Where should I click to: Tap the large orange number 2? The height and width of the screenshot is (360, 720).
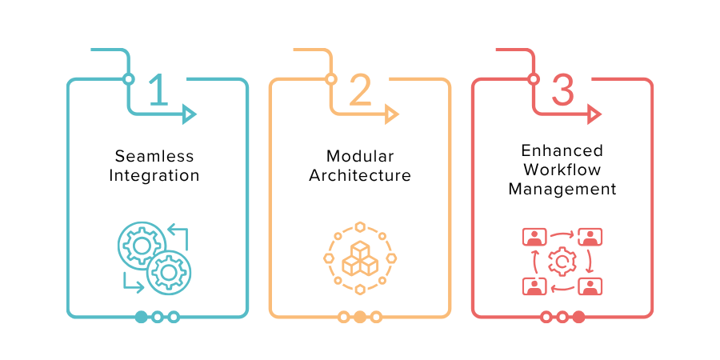(x=361, y=90)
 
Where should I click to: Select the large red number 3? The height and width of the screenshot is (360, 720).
(x=562, y=90)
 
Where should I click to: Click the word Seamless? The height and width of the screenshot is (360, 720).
(x=154, y=156)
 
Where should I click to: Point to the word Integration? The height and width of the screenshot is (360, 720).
(x=154, y=175)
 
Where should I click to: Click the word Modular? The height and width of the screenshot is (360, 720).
(x=360, y=156)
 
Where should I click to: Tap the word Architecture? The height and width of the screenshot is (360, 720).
(x=360, y=175)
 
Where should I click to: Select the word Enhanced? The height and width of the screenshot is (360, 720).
(x=562, y=150)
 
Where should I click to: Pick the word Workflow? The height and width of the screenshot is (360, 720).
(x=562, y=170)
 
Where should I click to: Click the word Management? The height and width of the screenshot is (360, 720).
(x=562, y=189)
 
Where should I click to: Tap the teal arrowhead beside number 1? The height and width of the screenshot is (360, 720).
(x=189, y=114)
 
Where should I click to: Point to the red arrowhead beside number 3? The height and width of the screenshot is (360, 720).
(x=594, y=114)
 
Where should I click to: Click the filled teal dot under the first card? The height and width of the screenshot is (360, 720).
(x=142, y=317)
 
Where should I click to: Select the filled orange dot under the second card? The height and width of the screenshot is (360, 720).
(x=360, y=317)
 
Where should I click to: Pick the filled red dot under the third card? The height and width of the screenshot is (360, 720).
(x=578, y=317)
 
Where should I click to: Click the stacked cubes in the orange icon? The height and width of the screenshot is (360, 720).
(x=360, y=258)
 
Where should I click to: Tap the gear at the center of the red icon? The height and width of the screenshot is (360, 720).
(x=562, y=262)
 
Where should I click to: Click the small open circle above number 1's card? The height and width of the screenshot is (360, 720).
(x=129, y=79)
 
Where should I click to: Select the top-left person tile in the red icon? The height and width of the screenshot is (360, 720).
(x=534, y=237)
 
